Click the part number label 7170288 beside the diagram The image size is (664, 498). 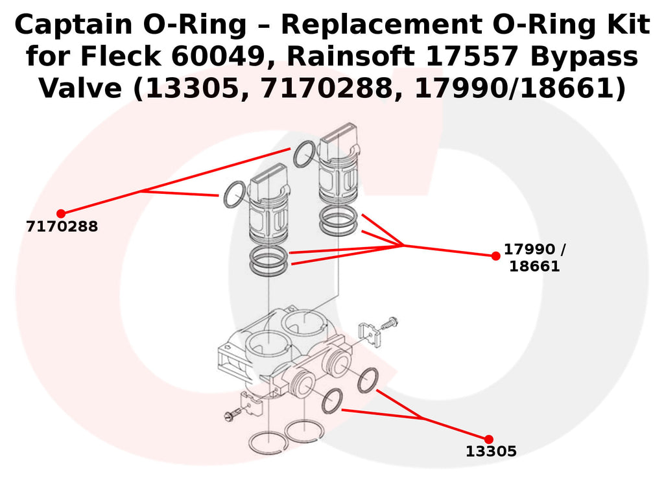point(62,227)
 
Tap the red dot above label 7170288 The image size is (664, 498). point(61,213)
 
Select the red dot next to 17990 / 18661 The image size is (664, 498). point(495,256)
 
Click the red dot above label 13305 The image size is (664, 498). point(488,439)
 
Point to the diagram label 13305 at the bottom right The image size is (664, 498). point(491,452)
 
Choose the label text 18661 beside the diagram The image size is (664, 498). point(534,267)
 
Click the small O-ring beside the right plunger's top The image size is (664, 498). point(304,154)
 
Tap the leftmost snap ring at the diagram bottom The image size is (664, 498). point(267,443)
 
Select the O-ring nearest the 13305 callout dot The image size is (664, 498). point(368,380)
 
